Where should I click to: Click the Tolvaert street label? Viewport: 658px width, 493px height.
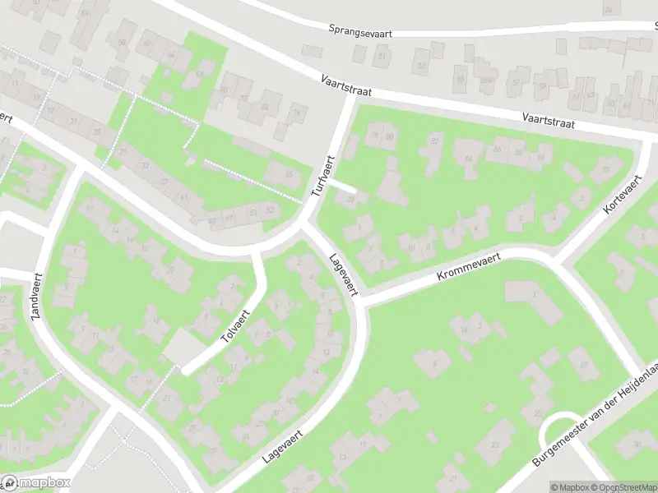pos(237,325)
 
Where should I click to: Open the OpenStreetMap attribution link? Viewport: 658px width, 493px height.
pos(621,486)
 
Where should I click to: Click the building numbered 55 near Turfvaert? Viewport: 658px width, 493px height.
pos(286,174)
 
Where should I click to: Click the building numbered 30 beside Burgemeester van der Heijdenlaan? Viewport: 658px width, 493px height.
pos(637,445)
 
